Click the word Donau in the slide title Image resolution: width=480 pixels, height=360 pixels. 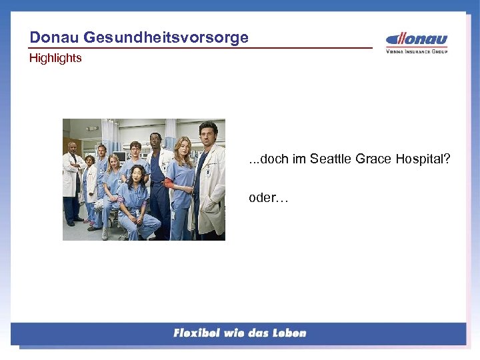53,37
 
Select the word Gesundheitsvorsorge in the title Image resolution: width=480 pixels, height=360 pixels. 165,37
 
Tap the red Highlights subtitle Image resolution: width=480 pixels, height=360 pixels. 55,58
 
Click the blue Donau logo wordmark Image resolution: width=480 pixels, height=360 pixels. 417,39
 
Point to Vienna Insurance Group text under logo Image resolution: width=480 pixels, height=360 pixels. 417,51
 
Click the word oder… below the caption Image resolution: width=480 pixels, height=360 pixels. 268,198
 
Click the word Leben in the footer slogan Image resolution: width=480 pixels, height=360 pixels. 288,333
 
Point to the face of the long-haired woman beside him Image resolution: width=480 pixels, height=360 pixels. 181,146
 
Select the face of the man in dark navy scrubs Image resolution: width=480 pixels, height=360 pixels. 155,140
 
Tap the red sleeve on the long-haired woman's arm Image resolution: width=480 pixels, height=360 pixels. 168,181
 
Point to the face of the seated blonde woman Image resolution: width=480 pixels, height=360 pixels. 115,161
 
